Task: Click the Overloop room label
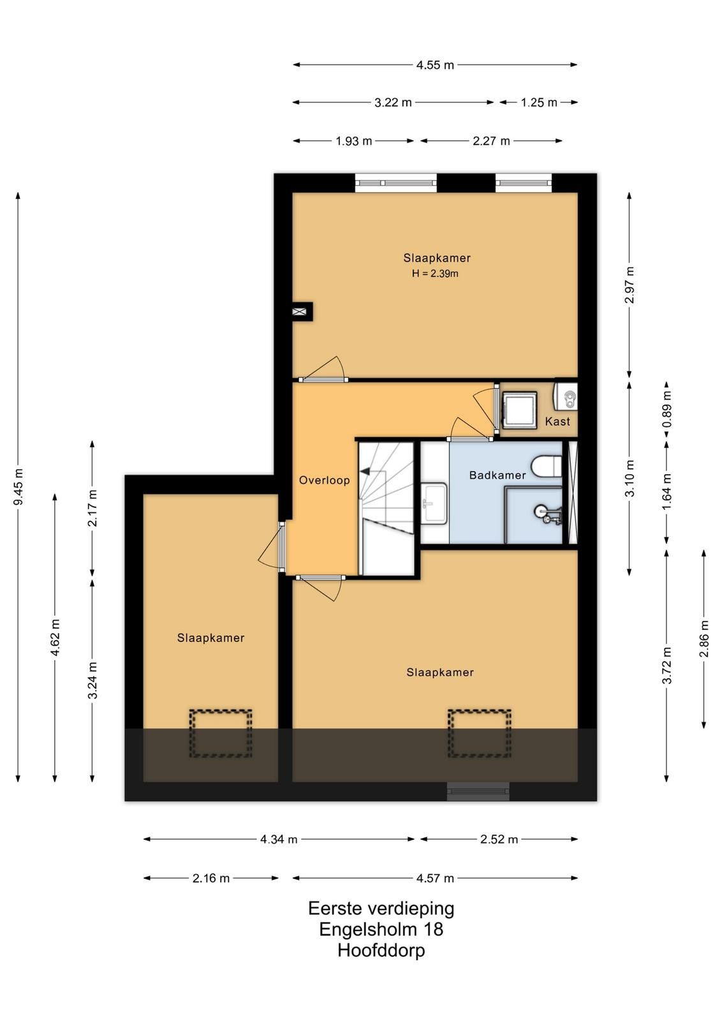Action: (325, 480)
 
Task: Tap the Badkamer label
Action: (497, 475)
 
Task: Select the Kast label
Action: (557, 421)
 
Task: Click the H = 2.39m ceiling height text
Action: (435, 274)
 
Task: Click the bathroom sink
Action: (434, 503)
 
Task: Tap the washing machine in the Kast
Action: (519, 410)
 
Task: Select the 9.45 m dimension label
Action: (19, 487)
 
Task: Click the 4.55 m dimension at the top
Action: (435, 65)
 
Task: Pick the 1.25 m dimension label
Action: (539, 103)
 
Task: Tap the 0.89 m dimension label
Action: (667, 409)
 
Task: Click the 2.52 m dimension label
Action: (499, 839)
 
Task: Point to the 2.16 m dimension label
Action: (211, 878)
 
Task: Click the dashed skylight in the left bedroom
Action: (221, 733)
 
